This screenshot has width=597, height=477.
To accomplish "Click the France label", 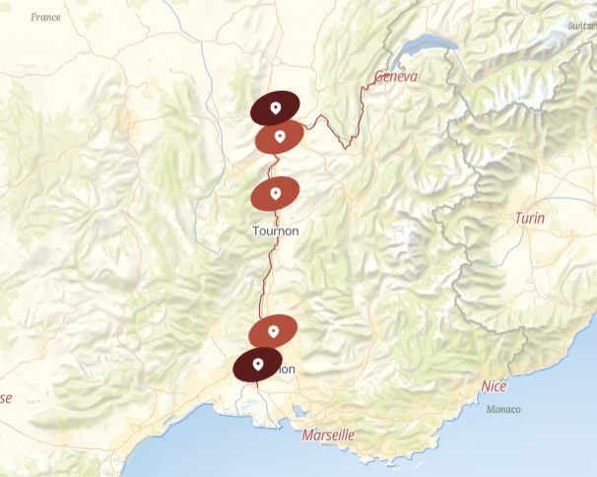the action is point(45,17).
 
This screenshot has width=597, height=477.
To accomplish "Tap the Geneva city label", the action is point(396,77).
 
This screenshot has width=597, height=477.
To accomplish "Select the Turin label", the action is point(529,218).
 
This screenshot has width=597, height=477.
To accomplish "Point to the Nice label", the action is point(494,386).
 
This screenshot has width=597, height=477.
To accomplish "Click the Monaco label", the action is point(503,409).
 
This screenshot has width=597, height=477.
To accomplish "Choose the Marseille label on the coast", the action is point(329,435).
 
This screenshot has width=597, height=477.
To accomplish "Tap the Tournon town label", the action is point(276,232).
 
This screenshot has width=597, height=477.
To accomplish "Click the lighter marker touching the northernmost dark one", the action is point(280,137).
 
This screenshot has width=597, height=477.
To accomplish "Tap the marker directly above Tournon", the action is point(276,193).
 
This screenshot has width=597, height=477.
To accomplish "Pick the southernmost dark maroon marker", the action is point(258,364).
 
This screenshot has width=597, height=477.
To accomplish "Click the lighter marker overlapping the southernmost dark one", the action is point(273,332).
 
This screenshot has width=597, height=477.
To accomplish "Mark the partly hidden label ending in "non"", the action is point(286,370).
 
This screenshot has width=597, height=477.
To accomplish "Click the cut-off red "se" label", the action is point(6,398).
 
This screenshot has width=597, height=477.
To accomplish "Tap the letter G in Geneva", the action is point(378,77).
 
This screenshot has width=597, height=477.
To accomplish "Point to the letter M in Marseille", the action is point(308,435).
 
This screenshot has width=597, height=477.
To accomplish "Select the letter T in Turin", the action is point(517,218).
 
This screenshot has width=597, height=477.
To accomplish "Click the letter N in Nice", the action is point(485,386).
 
